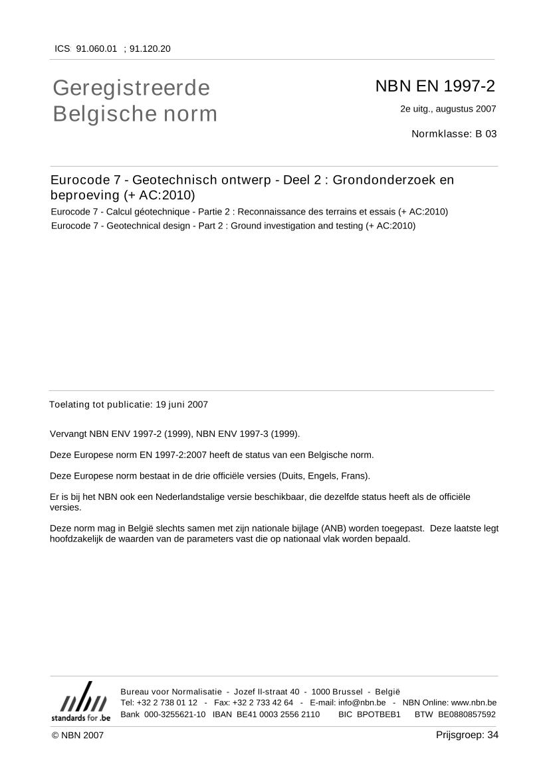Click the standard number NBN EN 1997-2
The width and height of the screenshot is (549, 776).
(x=435, y=86)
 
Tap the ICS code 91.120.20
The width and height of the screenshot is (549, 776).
(x=150, y=48)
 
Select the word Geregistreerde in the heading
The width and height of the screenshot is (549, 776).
(x=131, y=88)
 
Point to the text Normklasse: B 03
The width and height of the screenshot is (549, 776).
(x=454, y=133)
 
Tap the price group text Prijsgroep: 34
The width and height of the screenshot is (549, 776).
(x=467, y=734)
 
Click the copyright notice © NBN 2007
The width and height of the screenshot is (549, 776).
(x=78, y=735)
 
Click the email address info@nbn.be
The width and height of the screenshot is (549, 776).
(x=362, y=702)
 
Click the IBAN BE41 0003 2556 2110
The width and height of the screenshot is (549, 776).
(x=278, y=714)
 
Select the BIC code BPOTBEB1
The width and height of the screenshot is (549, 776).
(x=379, y=714)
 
